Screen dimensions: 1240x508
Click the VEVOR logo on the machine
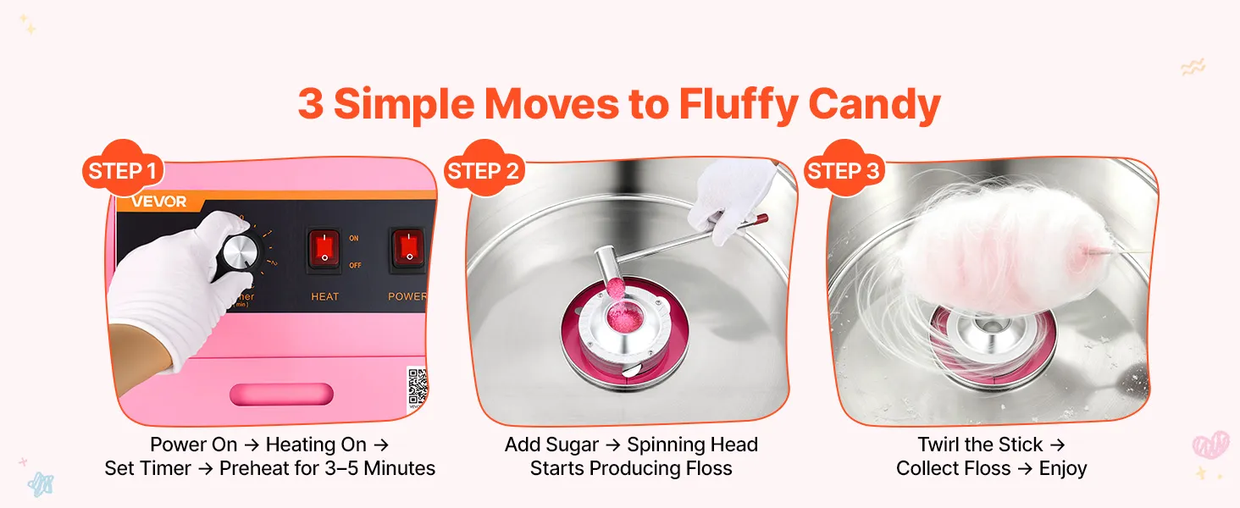tap(159, 202)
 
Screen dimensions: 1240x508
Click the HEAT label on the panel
tap(325, 296)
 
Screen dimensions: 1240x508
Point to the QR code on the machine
tap(418, 387)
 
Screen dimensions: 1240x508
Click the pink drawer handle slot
tap(282, 394)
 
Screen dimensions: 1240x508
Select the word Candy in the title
tap(875, 104)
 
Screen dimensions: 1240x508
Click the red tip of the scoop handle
tap(760, 219)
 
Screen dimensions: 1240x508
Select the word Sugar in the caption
tap(574, 444)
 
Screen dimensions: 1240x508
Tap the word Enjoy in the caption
tap(1063, 469)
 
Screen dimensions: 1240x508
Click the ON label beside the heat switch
tap(354, 238)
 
